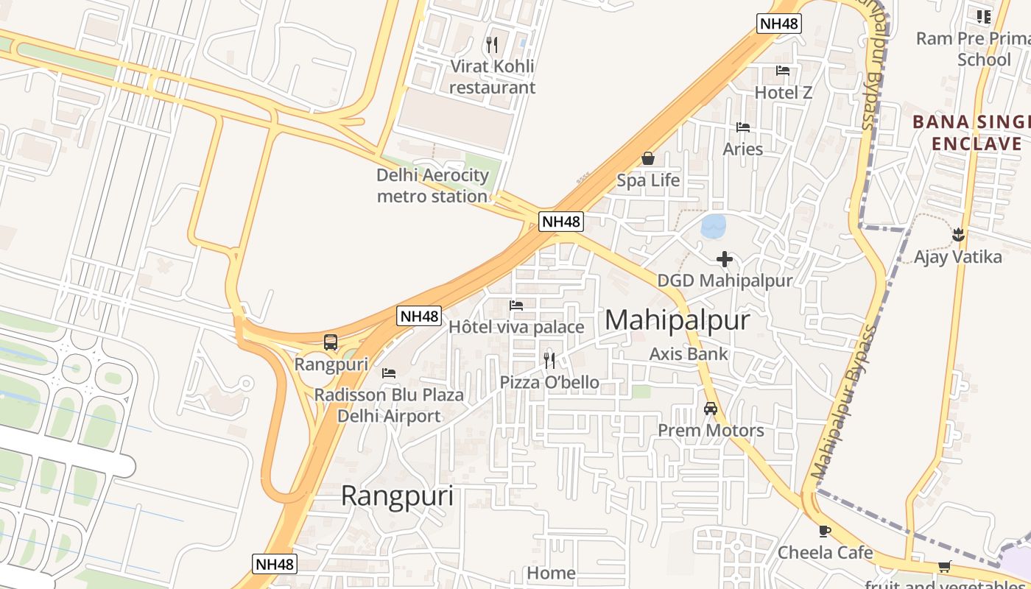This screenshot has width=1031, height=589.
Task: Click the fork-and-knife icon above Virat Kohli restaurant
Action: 492,45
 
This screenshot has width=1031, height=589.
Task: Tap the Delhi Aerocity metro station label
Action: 432,186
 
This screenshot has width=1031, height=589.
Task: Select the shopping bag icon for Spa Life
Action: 648,158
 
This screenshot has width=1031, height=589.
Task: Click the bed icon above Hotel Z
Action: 783,71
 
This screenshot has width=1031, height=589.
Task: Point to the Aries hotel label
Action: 742,149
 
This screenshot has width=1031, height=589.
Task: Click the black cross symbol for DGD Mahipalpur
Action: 725,259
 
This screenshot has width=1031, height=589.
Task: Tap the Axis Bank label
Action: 688,353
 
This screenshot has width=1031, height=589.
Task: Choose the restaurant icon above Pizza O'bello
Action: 549,360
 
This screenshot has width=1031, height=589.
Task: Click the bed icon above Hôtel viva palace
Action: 516,305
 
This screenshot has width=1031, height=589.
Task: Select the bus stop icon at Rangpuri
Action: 331,342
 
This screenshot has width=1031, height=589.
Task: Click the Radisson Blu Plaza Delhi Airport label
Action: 389,405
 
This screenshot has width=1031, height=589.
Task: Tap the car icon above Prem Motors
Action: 711,409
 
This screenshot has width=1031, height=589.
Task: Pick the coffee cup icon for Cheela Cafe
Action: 825,531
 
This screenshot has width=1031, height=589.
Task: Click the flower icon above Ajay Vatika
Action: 958,235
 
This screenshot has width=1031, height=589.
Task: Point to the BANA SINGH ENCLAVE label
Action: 970,133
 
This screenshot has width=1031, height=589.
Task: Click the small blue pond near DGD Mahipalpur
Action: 714,225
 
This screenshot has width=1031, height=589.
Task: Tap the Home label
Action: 551,573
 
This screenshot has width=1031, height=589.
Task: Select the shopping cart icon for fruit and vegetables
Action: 944,566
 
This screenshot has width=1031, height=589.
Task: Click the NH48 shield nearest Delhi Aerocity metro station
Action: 560,221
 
